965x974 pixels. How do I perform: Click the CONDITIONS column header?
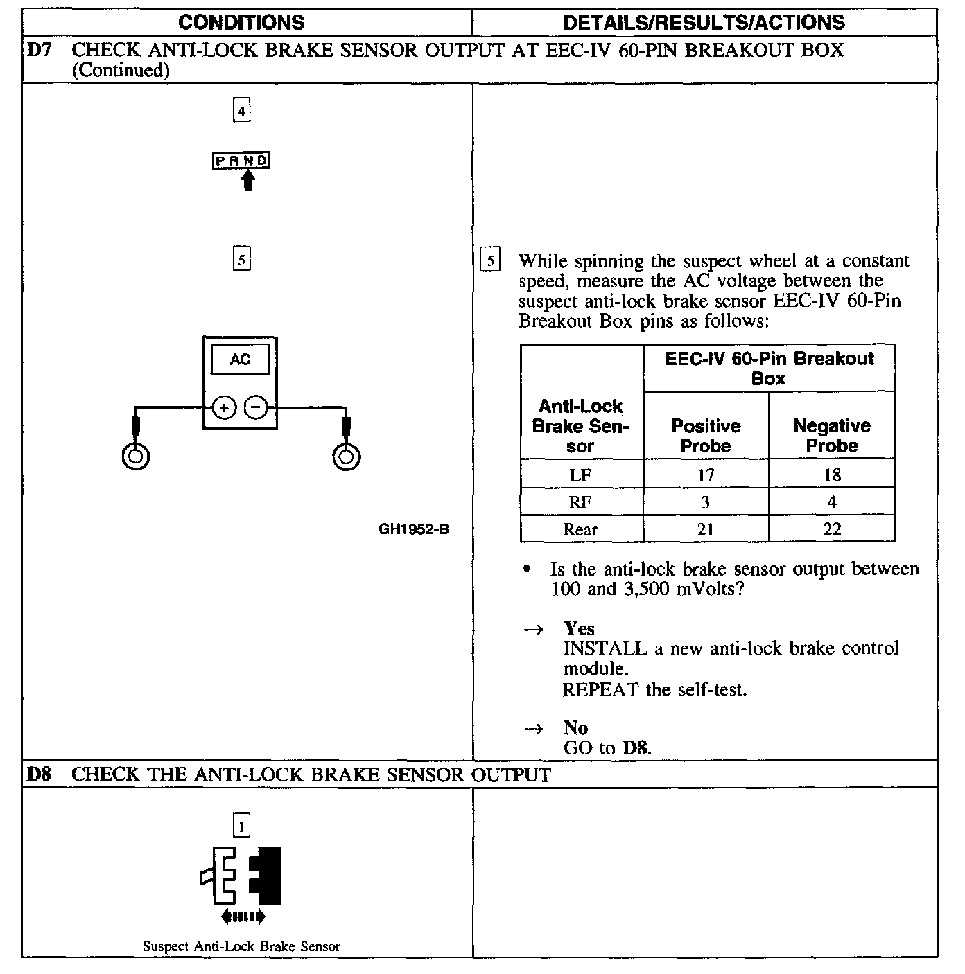(241, 22)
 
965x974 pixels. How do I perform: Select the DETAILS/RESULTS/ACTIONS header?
(704, 22)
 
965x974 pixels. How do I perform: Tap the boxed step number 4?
(241, 111)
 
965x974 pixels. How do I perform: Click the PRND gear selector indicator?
(241, 161)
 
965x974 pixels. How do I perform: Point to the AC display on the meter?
(240, 360)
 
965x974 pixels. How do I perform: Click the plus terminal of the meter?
(224, 408)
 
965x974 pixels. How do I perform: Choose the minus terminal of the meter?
(257, 408)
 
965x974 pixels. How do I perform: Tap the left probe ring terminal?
(136, 457)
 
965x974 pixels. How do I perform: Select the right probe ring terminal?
(346, 457)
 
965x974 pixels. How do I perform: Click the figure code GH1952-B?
(414, 529)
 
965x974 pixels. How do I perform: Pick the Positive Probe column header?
(706, 436)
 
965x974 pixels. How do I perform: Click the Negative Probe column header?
(832, 436)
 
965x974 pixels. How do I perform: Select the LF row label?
(580, 475)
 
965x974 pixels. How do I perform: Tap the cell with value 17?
(706, 475)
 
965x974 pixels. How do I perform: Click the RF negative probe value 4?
(832, 502)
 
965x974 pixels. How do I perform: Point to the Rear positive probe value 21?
(706, 530)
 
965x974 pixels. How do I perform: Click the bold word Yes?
(579, 629)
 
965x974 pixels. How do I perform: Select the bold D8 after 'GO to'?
(636, 748)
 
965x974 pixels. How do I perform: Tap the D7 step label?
(39, 51)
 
